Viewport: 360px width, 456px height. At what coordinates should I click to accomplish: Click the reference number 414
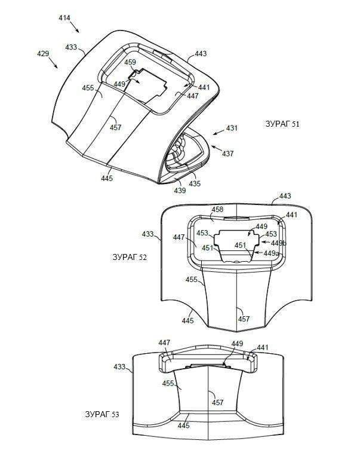(64, 18)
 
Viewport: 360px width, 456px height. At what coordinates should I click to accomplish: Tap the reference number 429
(43, 54)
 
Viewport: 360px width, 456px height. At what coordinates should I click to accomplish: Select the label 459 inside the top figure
(130, 62)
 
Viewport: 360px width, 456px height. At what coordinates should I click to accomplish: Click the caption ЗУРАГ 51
(282, 124)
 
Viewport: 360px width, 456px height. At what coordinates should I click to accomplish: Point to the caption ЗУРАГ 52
(130, 258)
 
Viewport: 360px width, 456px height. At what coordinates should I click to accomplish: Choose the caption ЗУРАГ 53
(102, 414)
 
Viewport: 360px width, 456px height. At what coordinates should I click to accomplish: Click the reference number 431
(232, 128)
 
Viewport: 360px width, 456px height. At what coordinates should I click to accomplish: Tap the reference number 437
(228, 153)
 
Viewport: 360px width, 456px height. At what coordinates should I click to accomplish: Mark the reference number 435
(195, 183)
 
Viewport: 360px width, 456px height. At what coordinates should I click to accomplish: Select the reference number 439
(180, 191)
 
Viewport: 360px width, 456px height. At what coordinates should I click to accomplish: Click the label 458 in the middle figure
(217, 209)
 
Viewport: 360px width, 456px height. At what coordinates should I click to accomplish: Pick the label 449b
(279, 243)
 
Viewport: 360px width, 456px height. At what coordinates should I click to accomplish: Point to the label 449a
(272, 253)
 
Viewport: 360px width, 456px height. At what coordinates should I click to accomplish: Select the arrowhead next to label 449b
(262, 242)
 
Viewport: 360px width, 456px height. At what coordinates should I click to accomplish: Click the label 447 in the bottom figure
(164, 343)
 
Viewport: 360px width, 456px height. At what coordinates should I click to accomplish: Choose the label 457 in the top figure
(115, 127)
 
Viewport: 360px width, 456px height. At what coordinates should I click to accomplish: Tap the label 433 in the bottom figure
(119, 367)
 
